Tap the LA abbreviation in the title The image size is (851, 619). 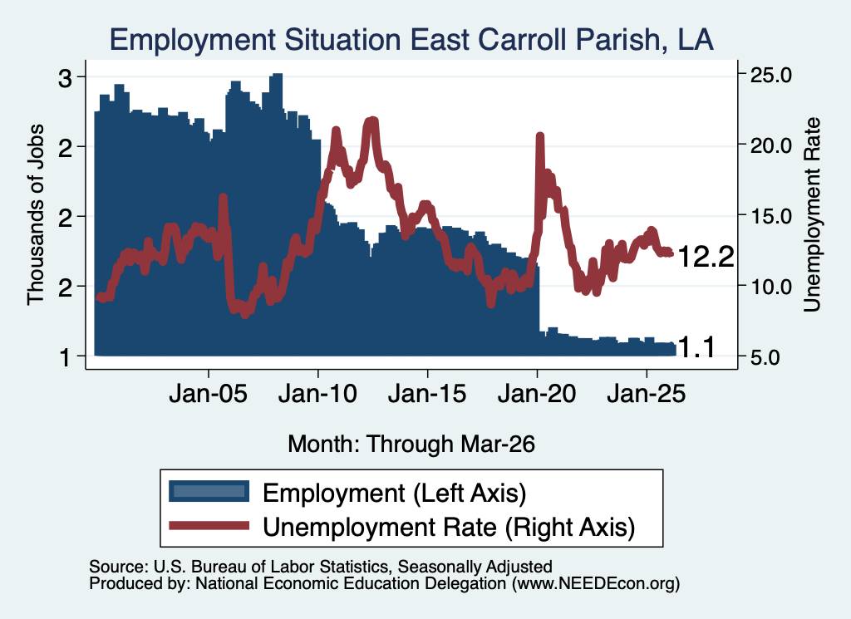696,40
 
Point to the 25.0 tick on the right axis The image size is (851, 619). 770,75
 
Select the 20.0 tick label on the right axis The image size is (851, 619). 770,145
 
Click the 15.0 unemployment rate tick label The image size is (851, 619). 770,216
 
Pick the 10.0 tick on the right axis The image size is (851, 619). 770,287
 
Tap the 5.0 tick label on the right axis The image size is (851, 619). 765,357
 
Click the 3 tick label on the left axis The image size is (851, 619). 65,79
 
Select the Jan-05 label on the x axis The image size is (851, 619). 209,394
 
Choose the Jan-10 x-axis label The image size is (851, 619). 318,394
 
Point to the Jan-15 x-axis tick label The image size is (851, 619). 427,394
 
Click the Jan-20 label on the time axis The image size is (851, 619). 537,394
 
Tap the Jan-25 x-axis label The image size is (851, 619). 647,394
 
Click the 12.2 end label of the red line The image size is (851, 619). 706,256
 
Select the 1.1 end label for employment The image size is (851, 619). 697,348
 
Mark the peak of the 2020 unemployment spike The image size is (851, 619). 539,135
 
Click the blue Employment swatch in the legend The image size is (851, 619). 209,492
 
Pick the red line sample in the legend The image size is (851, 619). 209,525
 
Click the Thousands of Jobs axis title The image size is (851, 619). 35,215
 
